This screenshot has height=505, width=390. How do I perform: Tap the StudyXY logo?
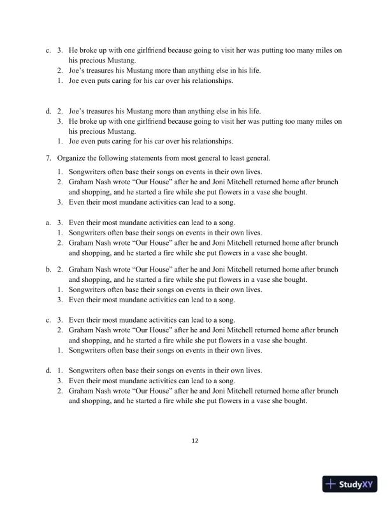(x=350, y=484)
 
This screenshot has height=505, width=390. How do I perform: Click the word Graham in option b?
(x=82, y=270)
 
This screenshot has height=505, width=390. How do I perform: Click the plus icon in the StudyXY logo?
(x=330, y=484)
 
